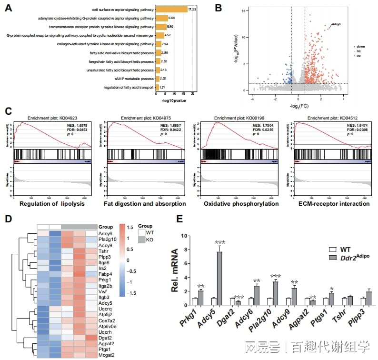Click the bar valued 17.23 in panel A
point(172,10)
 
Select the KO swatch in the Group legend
point(142,241)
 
